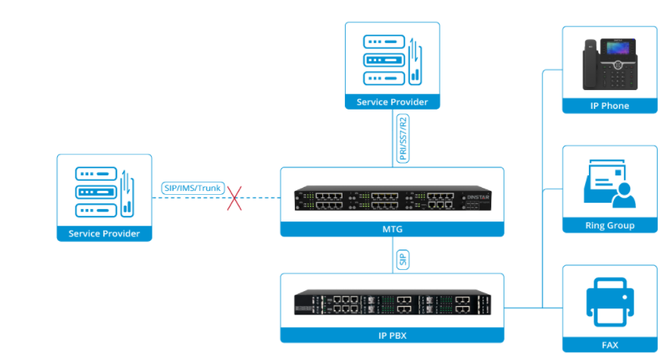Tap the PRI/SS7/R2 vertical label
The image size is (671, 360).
pyautogui.click(x=403, y=138)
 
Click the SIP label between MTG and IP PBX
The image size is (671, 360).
pyautogui.click(x=403, y=259)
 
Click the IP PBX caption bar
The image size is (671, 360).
pyautogui.click(x=392, y=335)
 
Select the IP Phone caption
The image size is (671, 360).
pyautogui.click(x=609, y=106)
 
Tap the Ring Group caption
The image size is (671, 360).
pyautogui.click(x=609, y=225)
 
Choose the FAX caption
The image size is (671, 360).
pyautogui.click(x=609, y=344)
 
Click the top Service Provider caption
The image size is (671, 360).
pyautogui.click(x=392, y=102)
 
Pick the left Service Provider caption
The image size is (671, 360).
pyautogui.click(x=104, y=233)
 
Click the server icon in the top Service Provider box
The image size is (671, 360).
pyautogui.click(x=392, y=59)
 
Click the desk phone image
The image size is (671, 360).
pyautogui.click(x=608, y=66)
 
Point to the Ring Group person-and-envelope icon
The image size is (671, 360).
pyautogui.click(x=609, y=185)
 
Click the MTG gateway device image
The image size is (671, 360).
pyautogui.click(x=392, y=200)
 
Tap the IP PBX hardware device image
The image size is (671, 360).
pyautogui.click(x=392, y=305)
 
